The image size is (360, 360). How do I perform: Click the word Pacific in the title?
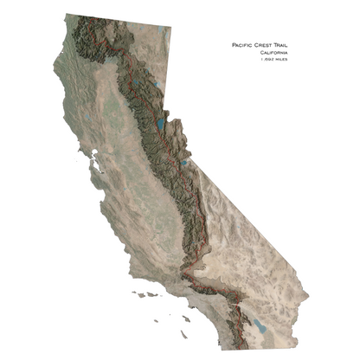(x=245, y=44)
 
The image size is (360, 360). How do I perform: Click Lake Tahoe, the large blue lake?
(x=162, y=113)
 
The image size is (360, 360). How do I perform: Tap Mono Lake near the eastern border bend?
(x=184, y=161)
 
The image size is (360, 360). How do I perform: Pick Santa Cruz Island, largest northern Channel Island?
(x=151, y=294)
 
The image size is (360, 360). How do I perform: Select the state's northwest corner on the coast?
(x=65, y=15)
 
